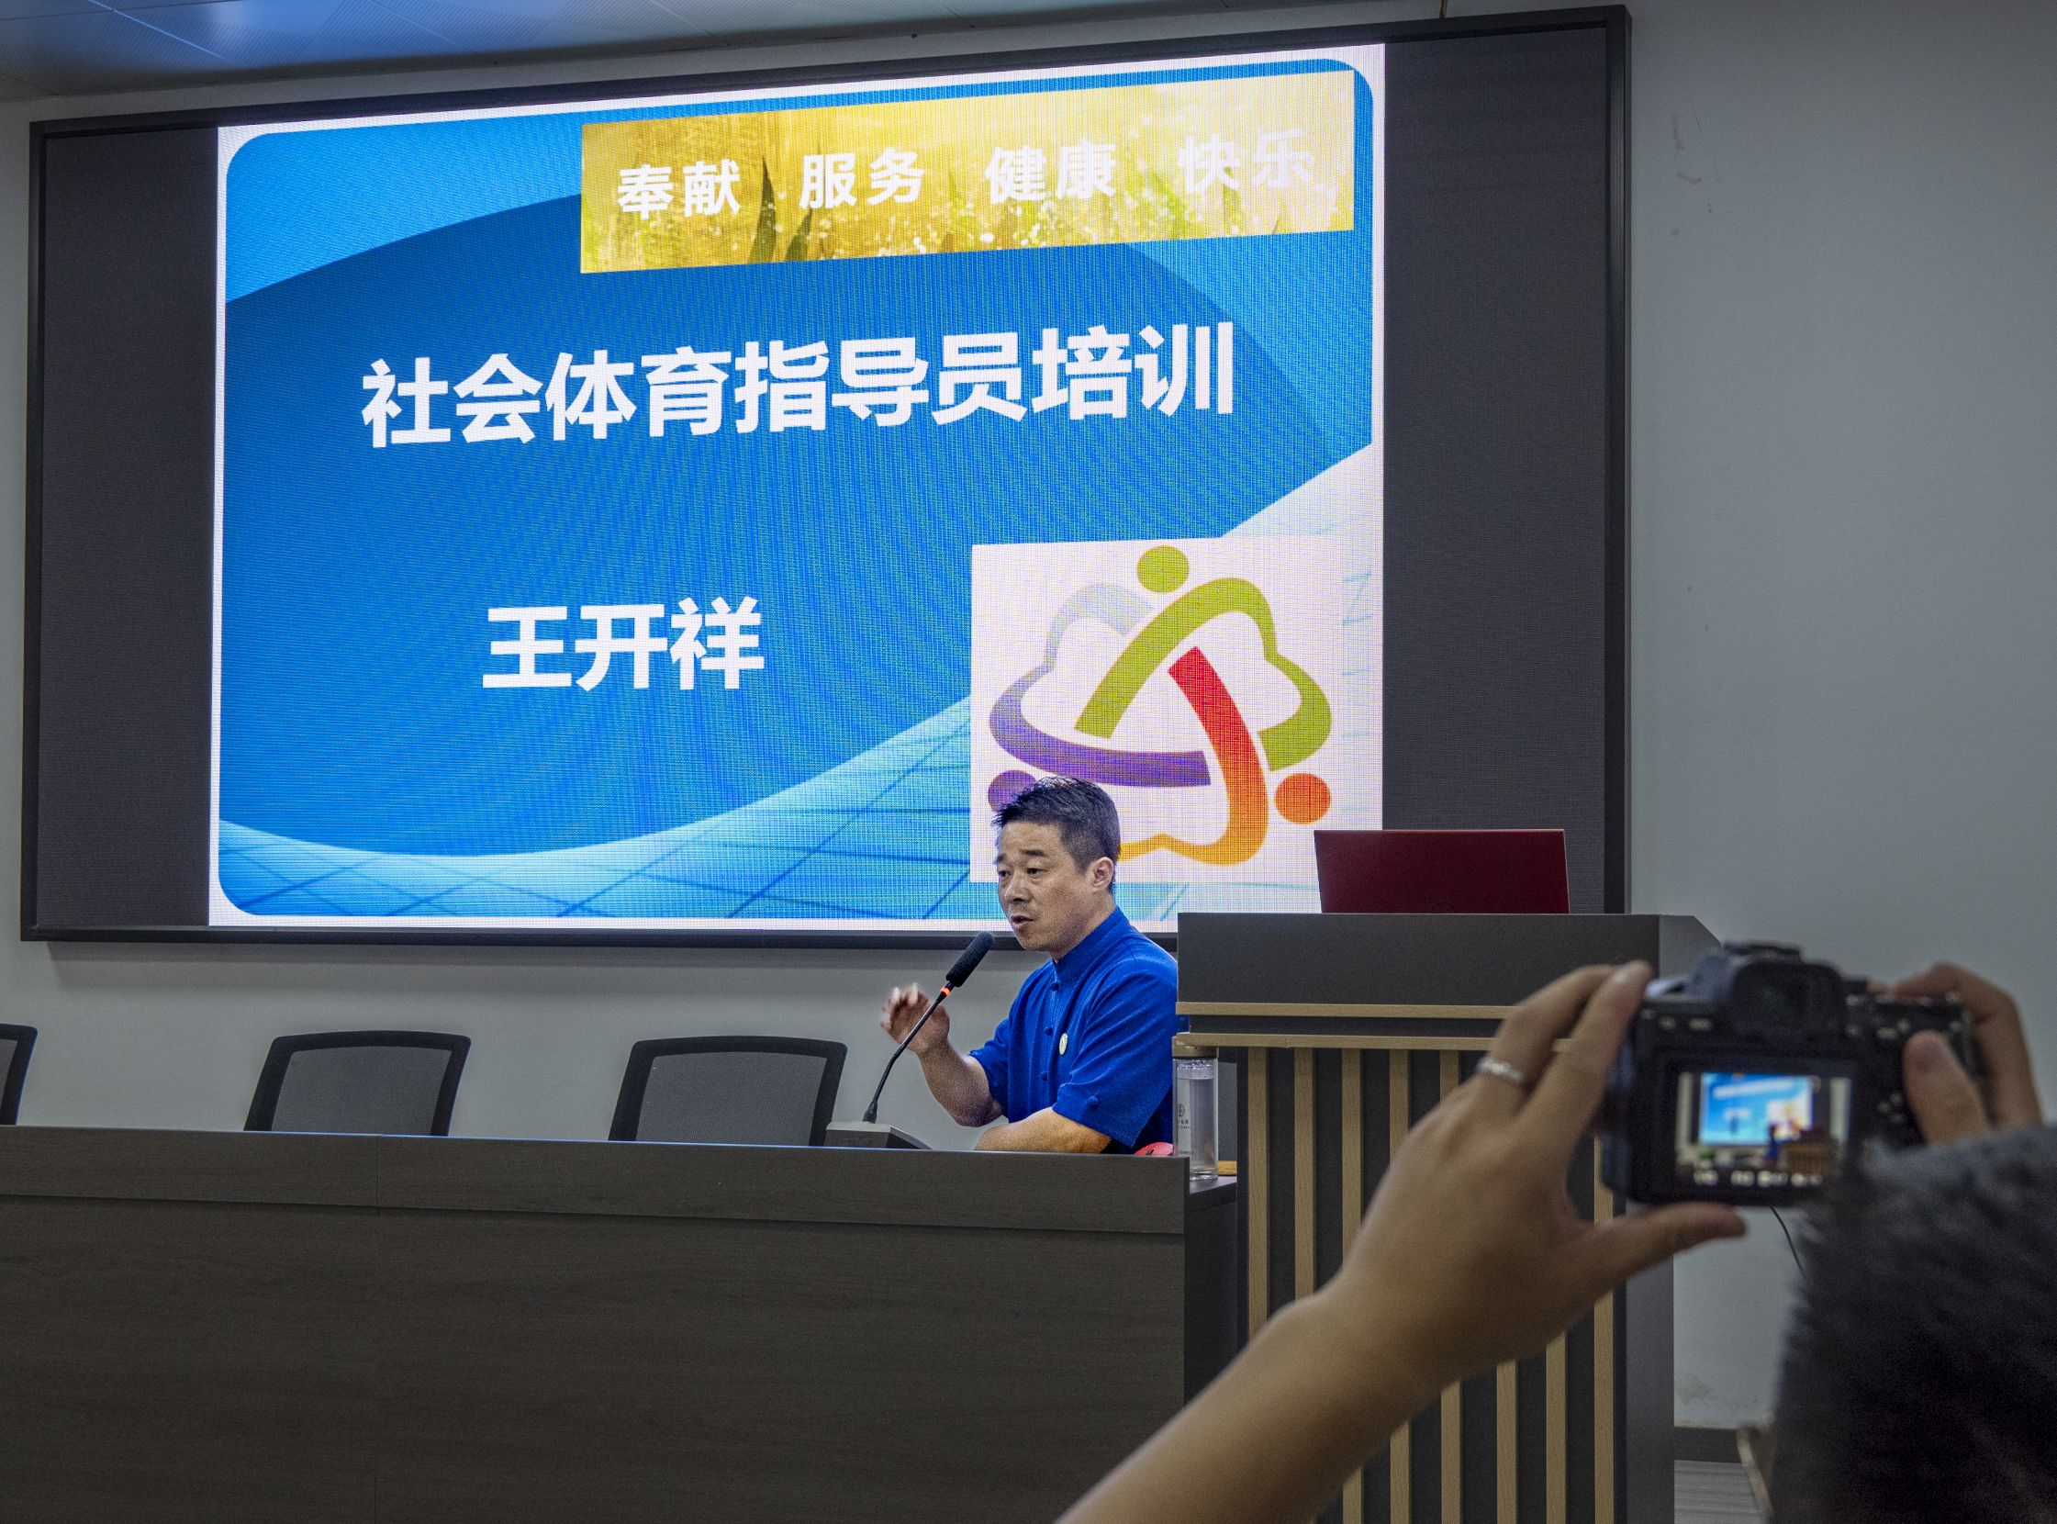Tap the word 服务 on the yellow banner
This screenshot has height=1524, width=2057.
861,180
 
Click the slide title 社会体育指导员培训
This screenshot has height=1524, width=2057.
797,394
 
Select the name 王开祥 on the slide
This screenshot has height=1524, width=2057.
623,644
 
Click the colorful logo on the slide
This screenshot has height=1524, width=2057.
1158,703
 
